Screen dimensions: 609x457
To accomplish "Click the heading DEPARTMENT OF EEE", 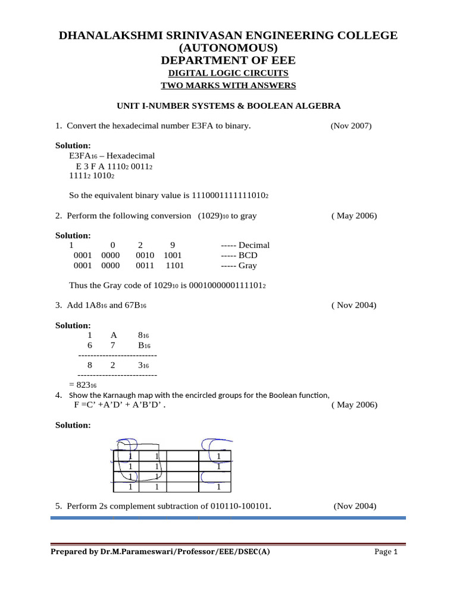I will [x=228, y=60].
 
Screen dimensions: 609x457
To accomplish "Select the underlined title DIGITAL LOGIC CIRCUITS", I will [x=228, y=73].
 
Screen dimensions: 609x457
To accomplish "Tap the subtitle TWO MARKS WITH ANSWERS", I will [x=228, y=86].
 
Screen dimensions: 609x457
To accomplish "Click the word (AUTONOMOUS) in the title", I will [x=228, y=48].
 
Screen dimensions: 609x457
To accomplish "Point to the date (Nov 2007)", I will [x=351, y=125].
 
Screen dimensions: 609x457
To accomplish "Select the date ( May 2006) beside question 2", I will [x=353, y=216].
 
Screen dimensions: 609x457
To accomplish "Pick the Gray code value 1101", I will [x=175, y=266].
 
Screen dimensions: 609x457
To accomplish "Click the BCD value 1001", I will [x=173, y=256].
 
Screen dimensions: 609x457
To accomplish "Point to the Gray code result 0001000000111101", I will [x=226, y=286].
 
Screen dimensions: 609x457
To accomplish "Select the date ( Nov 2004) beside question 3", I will [x=353, y=306].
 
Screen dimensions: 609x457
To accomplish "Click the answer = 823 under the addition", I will [x=83, y=385].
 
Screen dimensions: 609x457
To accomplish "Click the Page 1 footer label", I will [x=386, y=552].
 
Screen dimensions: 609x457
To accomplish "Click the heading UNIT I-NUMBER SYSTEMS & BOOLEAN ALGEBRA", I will [x=228, y=106].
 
